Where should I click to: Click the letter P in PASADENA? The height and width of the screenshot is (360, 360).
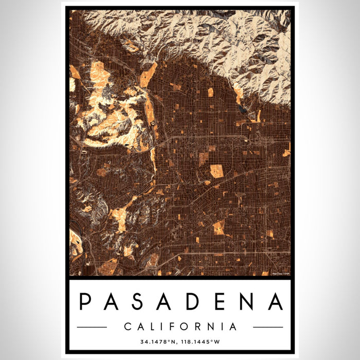(85, 302)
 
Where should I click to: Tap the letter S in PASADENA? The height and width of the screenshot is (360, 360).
(137, 302)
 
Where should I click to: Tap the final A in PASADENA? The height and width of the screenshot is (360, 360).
(276, 302)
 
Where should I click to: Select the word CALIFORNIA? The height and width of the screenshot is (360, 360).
(180, 327)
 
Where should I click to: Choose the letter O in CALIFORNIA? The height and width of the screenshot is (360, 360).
(182, 327)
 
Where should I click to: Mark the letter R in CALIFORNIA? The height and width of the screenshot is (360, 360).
(195, 327)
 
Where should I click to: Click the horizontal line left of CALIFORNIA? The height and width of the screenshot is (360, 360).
(92, 327)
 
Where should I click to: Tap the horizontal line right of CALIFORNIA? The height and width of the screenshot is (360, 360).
(268, 327)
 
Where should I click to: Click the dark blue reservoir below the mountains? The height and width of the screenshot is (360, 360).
(242, 109)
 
